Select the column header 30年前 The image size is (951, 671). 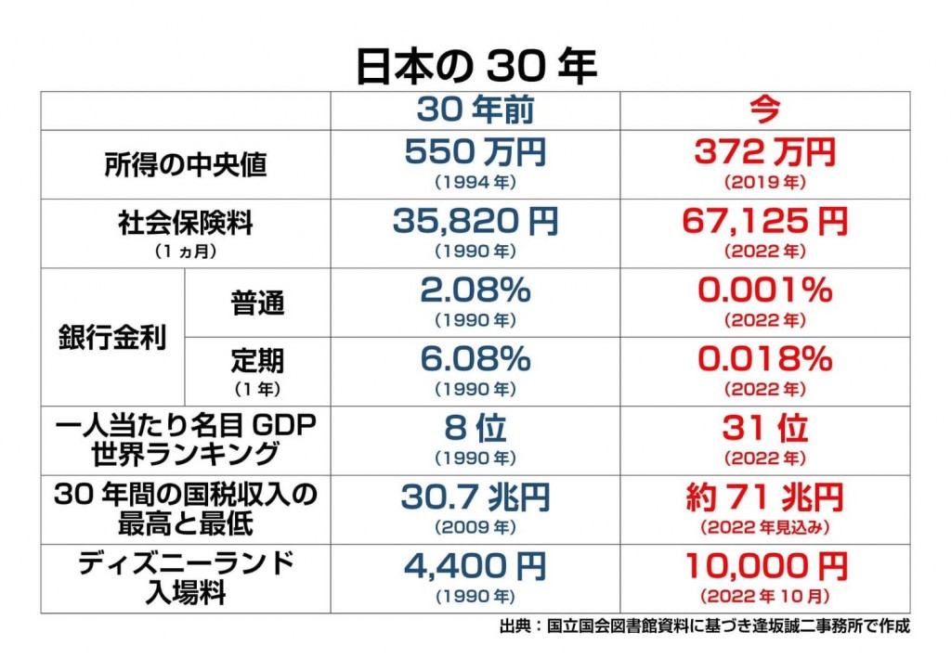(475, 110)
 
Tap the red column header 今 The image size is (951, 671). (764, 110)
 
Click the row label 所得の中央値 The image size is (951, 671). (185, 165)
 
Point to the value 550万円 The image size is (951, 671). (475, 151)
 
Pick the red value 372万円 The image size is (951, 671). (764, 151)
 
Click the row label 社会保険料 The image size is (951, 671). (185, 225)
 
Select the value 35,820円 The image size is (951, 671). (475, 221)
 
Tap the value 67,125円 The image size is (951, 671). (764, 221)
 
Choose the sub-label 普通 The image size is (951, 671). (258, 303)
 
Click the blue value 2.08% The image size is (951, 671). (475, 290)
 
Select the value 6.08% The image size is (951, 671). (475, 358)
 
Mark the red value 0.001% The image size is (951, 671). (764, 290)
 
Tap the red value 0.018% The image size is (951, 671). (764, 358)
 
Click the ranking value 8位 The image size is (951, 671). (475, 428)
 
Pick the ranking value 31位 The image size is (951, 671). (764, 428)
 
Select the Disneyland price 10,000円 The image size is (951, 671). (764, 565)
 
